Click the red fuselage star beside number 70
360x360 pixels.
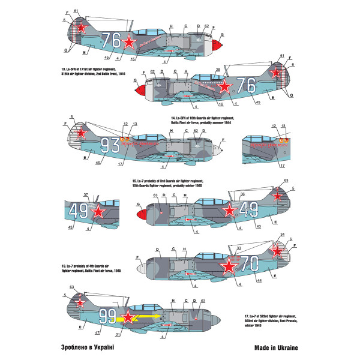(x=230, y=264)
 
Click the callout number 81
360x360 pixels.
(x=76, y=11)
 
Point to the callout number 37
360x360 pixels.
(x=86, y=195)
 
